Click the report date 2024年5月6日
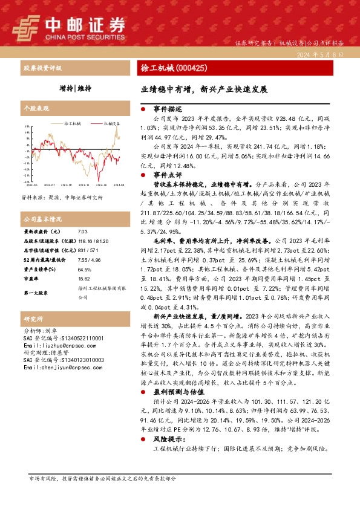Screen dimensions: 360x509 tap(321, 54)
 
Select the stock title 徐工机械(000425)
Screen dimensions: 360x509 tap(174, 68)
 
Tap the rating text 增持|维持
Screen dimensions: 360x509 tap(76, 88)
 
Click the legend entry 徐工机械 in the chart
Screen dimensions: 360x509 tap(73, 123)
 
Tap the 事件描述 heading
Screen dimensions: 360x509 tap(168, 109)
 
